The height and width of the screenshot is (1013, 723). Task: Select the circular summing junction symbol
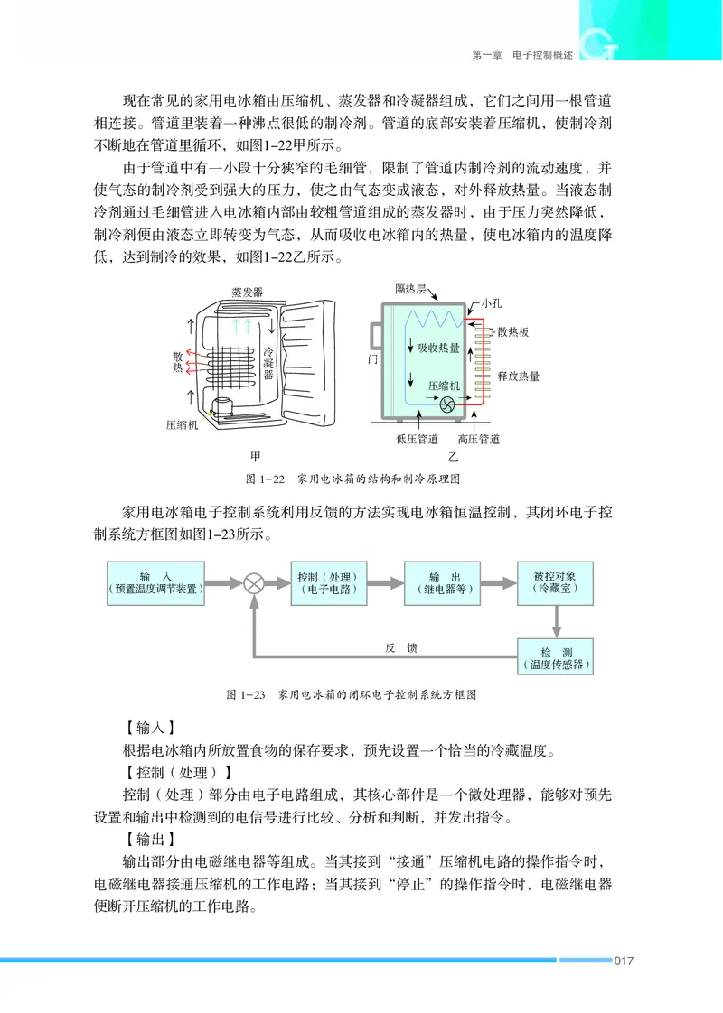tap(255, 583)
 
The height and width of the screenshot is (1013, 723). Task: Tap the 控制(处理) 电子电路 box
tap(327, 582)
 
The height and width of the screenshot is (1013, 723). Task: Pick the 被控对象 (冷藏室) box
tap(555, 582)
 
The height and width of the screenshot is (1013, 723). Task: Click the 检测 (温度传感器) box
tap(555, 657)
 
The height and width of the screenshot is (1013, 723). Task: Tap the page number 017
tap(623, 960)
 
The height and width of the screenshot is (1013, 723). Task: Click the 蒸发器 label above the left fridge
tap(247, 293)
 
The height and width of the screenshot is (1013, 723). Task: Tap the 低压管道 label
tap(416, 440)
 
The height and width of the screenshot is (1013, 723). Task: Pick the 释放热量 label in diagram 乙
tap(518, 376)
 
